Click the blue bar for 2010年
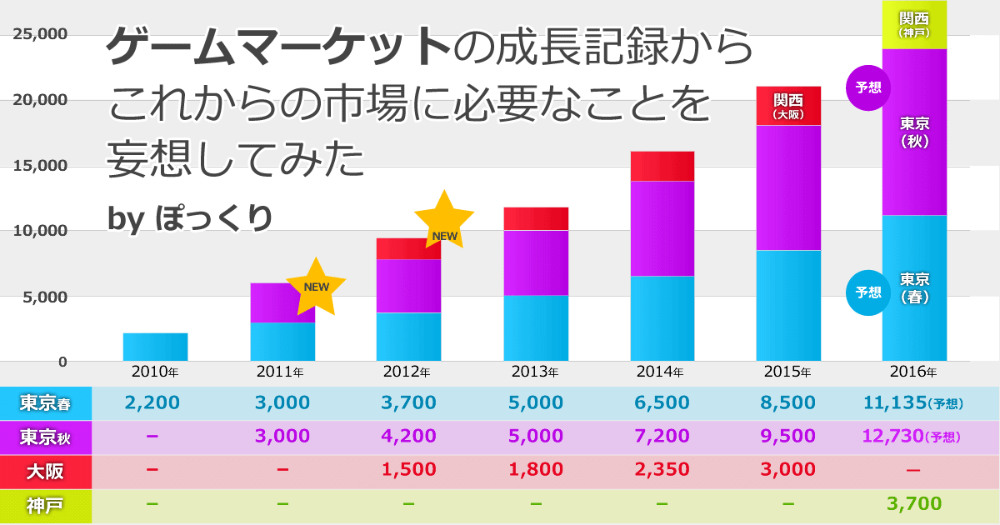point(155,347)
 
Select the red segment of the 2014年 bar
point(662,166)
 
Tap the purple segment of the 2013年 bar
point(536,262)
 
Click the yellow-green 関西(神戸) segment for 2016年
point(914,25)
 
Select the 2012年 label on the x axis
point(408,372)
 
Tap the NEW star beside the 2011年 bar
point(316,287)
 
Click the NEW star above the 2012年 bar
point(444,219)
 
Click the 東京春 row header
point(45,404)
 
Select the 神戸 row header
point(45,504)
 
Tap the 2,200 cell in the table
point(152,403)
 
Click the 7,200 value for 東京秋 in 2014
point(662,436)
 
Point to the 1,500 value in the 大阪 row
point(408,470)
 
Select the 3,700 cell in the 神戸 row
point(914,503)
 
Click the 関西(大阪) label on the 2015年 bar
point(788,105)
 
